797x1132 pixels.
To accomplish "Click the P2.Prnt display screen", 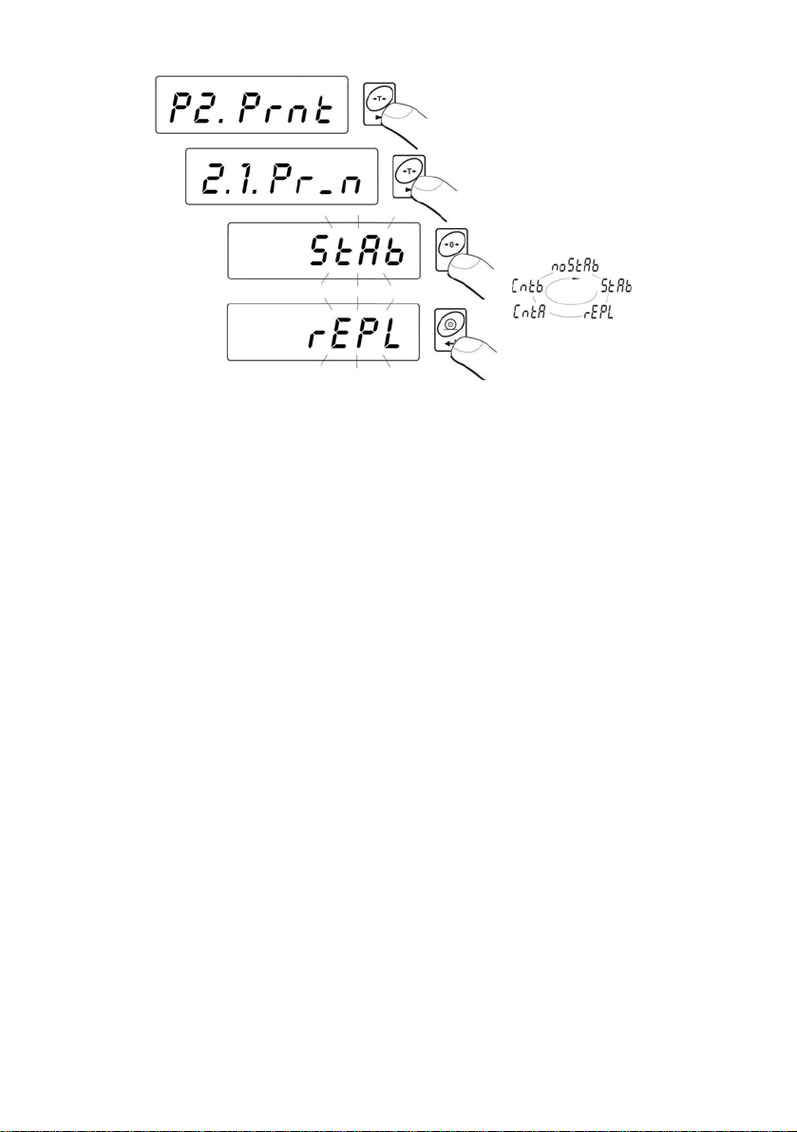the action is [251, 105].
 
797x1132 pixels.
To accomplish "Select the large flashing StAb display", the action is [325, 251].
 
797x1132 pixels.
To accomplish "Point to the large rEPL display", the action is [323, 333].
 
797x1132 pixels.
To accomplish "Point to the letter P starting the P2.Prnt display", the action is [180, 106].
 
